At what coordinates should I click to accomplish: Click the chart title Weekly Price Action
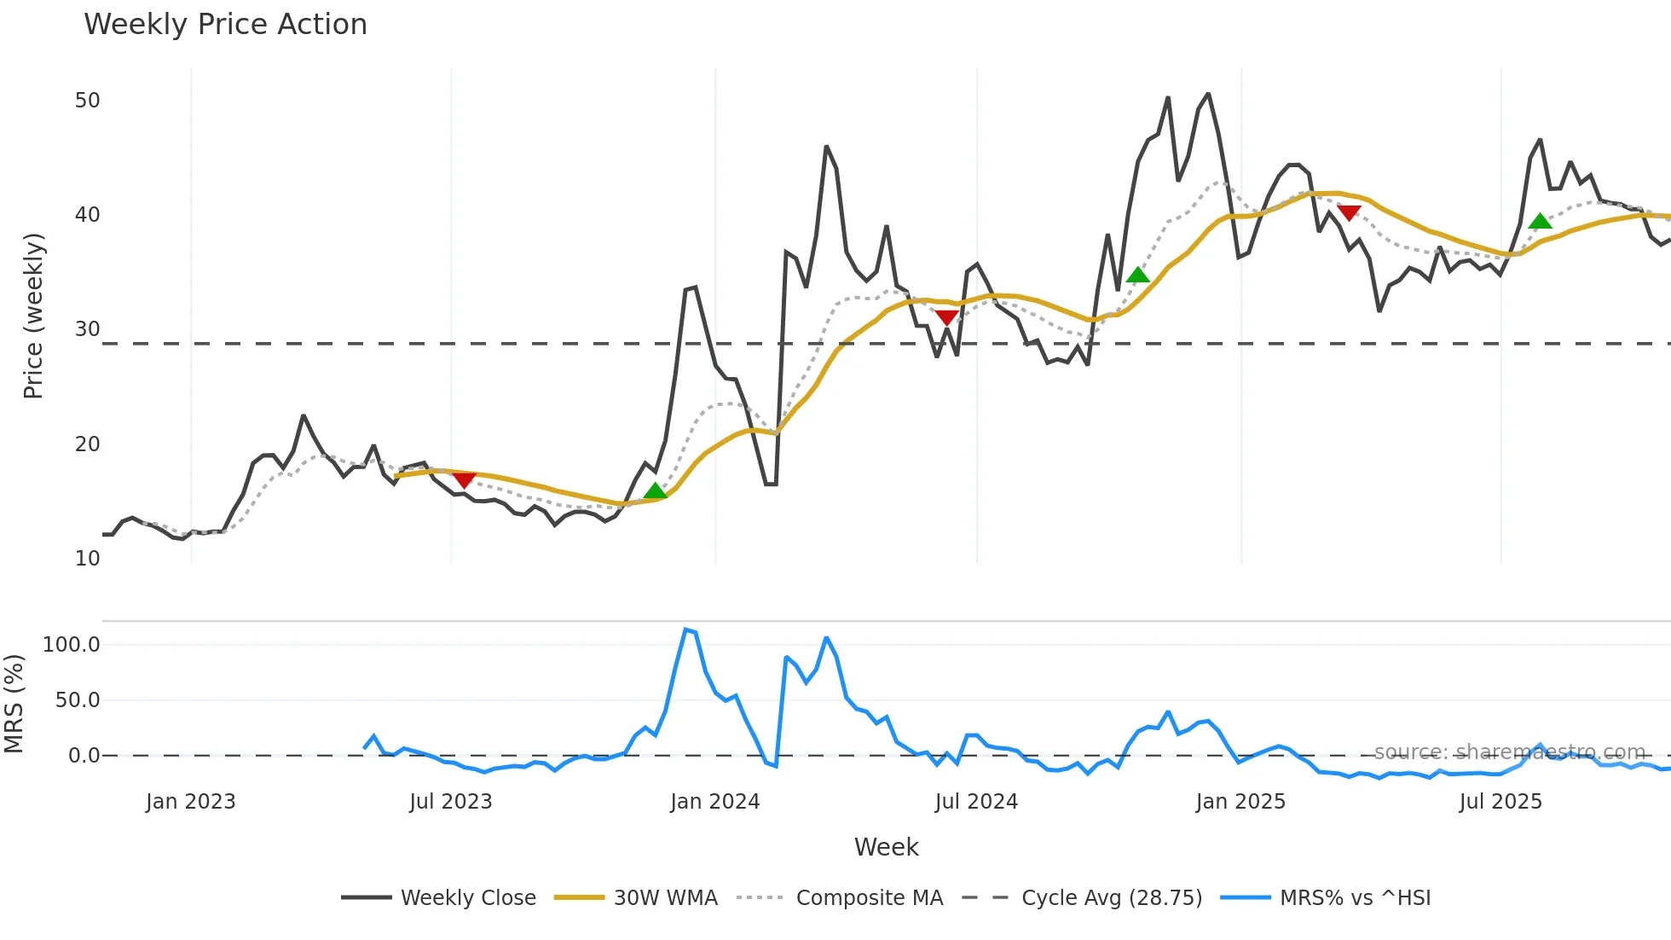pyautogui.click(x=225, y=25)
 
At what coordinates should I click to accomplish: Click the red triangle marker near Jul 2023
pyautogui.click(x=463, y=480)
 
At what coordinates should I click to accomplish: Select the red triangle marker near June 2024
pyautogui.click(x=946, y=318)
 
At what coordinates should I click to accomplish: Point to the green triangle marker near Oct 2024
pyautogui.click(x=1137, y=275)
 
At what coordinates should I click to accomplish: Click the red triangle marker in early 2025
pyautogui.click(x=1349, y=212)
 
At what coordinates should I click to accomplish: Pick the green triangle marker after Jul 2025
pyautogui.click(x=1540, y=222)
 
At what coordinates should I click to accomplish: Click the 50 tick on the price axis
pyautogui.click(x=87, y=101)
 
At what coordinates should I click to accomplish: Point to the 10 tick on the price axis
pyautogui.click(x=87, y=559)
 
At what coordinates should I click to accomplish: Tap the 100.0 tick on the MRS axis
pyautogui.click(x=72, y=645)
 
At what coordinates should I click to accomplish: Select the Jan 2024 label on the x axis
pyautogui.click(x=714, y=802)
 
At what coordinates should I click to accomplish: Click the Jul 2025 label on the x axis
pyautogui.click(x=1500, y=802)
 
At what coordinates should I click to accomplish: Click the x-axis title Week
pyautogui.click(x=886, y=847)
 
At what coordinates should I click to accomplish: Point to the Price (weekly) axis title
pyautogui.click(x=33, y=316)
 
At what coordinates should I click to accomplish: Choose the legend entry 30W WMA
pyautogui.click(x=665, y=898)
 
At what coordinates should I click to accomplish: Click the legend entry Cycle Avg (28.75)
pyautogui.click(x=1111, y=898)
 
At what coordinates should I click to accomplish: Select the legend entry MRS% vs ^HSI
pyautogui.click(x=1355, y=898)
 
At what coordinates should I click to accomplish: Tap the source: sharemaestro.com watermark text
pyautogui.click(x=1509, y=752)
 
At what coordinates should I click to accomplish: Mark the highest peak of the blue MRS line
pyautogui.click(x=686, y=630)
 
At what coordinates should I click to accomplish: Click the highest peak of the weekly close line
pyautogui.click(x=1208, y=94)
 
